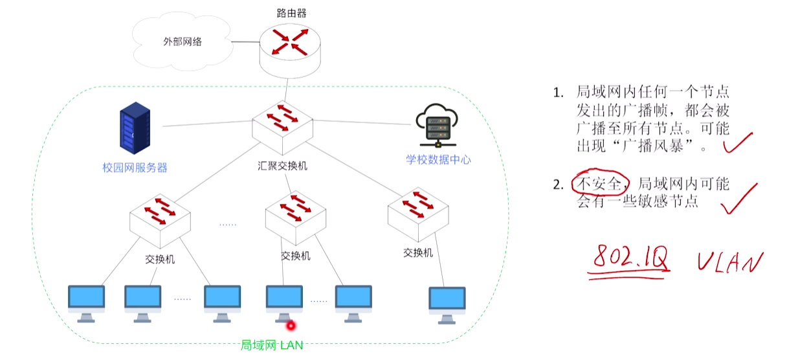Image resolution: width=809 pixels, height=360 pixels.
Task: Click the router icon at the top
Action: click(290, 51)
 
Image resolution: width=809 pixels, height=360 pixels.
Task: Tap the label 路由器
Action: click(291, 14)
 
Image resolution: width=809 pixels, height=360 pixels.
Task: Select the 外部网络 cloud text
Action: click(183, 41)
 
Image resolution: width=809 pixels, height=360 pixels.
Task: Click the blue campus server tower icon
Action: click(135, 128)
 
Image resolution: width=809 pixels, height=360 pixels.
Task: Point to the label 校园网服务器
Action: click(135, 168)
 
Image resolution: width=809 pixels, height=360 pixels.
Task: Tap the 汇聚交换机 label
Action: click(282, 166)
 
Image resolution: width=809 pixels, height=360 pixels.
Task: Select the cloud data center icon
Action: click(437, 125)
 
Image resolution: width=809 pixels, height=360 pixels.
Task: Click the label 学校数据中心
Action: click(438, 159)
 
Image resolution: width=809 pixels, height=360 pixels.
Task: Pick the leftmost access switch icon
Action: click(160, 221)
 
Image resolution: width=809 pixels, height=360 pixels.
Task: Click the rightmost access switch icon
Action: click(418, 214)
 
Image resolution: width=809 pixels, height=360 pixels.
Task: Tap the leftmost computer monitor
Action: click(86, 304)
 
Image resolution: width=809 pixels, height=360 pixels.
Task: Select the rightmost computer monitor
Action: click(447, 306)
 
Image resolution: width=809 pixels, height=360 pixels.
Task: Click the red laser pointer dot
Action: click(291, 326)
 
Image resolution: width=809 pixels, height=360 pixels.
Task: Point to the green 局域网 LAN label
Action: click(272, 345)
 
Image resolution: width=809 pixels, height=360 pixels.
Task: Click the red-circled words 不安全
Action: click(599, 183)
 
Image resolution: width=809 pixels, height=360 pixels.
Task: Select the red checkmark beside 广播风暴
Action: click(738, 143)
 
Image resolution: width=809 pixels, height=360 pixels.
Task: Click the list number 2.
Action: click(558, 185)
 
